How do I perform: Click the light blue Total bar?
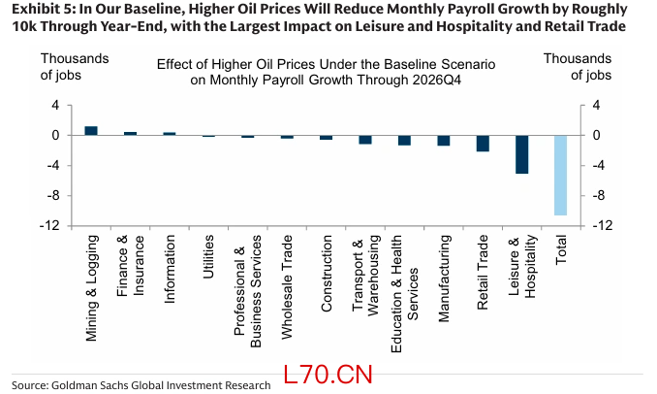[560, 175]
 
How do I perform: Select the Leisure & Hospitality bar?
[521, 154]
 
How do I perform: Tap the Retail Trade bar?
[483, 144]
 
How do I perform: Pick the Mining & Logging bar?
[91, 130]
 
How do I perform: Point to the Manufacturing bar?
[444, 140]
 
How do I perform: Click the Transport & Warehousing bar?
[365, 139]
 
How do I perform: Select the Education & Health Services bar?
[404, 140]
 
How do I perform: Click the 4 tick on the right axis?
[597, 105]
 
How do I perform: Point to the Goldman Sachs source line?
[141, 385]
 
